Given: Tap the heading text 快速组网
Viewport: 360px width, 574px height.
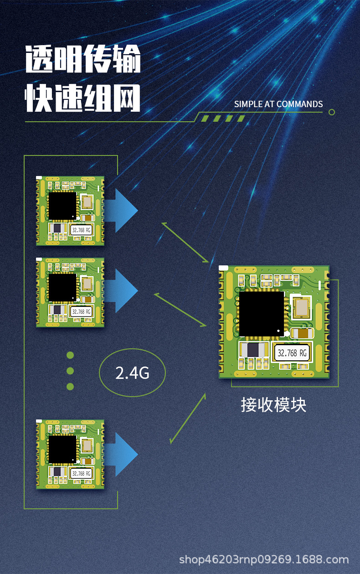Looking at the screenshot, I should click(x=83, y=97).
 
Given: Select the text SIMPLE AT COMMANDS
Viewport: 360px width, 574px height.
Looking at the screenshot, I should click(x=278, y=104).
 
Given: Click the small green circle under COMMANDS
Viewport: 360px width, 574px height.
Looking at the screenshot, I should click(x=332, y=112).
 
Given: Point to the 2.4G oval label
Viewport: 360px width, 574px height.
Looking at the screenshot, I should click(x=132, y=373).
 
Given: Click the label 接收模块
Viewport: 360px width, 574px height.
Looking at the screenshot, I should click(x=273, y=405).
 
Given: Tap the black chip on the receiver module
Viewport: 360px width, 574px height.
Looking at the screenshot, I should click(x=261, y=314).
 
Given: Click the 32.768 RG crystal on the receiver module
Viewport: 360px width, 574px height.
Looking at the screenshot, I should click(x=293, y=352).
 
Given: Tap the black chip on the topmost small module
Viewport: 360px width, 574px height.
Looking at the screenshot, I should click(x=62, y=206).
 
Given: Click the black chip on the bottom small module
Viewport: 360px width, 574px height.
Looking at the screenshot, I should click(x=62, y=449).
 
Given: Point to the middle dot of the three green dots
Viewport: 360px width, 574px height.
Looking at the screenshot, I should click(x=70, y=371).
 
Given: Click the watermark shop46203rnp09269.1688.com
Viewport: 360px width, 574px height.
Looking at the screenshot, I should click(x=264, y=559).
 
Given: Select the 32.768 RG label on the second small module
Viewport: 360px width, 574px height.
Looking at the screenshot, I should click(x=81, y=311).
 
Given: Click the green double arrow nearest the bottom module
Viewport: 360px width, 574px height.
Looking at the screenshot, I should click(x=187, y=419).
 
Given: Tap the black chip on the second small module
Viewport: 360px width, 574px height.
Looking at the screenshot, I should click(x=62, y=287).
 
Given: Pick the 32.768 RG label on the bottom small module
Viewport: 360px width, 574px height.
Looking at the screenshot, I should click(x=81, y=474).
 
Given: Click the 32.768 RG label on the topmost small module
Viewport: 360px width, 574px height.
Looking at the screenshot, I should click(x=81, y=230).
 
